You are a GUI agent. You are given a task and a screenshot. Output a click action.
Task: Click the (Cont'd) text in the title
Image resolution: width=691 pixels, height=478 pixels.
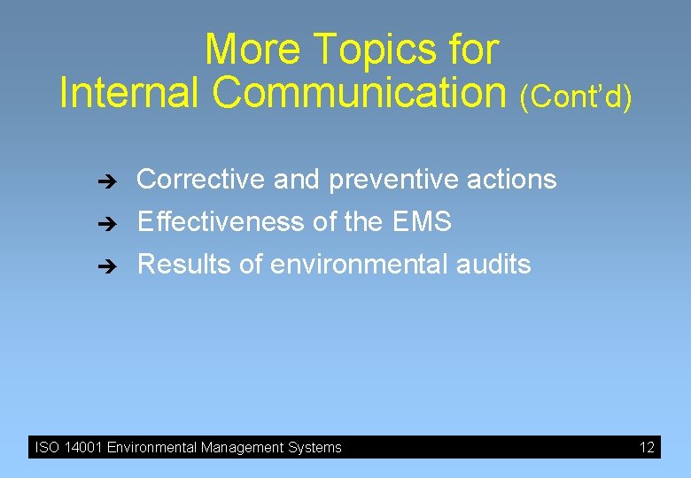click(577, 97)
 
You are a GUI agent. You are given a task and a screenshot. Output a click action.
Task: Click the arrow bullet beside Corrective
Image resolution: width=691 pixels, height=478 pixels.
click(104, 181)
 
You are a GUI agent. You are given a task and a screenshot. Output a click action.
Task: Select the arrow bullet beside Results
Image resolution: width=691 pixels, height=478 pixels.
click(104, 266)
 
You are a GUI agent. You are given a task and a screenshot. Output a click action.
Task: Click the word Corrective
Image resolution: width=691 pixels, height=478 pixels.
click(201, 180)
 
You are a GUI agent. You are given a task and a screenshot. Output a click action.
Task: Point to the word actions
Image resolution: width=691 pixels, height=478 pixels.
click(516, 180)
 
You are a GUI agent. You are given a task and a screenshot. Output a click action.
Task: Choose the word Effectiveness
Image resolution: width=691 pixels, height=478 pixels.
click(221, 221)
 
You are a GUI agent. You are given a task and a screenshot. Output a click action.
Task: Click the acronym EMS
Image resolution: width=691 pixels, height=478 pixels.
click(420, 221)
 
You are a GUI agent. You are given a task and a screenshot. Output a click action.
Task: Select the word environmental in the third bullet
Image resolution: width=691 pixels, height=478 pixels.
click(350, 264)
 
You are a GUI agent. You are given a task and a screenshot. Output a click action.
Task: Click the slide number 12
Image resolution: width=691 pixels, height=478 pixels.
click(647, 448)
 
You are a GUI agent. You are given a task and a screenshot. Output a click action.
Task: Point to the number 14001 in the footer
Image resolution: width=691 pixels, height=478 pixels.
click(82, 448)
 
